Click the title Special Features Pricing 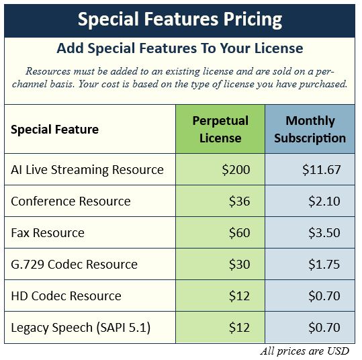pyautogui.click(x=180, y=19)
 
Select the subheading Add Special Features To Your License pyautogui.click(x=180, y=48)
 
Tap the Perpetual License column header pyautogui.click(x=220, y=130)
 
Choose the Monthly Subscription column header pyautogui.click(x=310, y=130)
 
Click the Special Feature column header pyautogui.click(x=54, y=130)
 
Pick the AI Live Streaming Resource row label pyautogui.click(x=87, y=170)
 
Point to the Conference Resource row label pyautogui.click(x=71, y=201)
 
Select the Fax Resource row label pyautogui.click(x=48, y=233)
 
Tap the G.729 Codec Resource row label pyautogui.click(x=74, y=265)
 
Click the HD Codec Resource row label pyautogui.click(x=66, y=296)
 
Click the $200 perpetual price pyautogui.click(x=236, y=170)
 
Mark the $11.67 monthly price pyautogui.click(x=321, y=170)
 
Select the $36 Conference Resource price pyautogui.click(x=239, y=201)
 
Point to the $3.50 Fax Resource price pyautogui.click(x=324, y=233)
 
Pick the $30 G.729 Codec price pyautogui.click(x=239, y=265)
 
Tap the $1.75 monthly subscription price pyautogui.click(x=324, y=265)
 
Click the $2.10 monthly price pyautogui.click(x=324, y=201)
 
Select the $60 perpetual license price pyautogui.click(x=239, y=233)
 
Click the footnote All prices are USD pyautogui.click(x=304, y=351)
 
